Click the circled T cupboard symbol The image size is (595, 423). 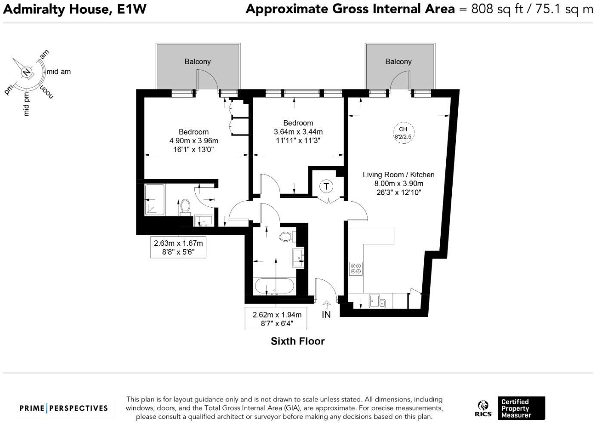(x=326, y=186)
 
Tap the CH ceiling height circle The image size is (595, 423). (x=403, y=133)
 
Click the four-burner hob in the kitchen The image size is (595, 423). (x=356, y=269)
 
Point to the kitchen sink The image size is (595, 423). (x=377, y=301)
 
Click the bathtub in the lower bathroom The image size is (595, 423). (x=274, y=286)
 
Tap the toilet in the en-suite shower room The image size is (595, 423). (x=185, y=205)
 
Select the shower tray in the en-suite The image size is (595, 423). (x=154, y=200)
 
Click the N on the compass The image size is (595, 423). (x=27, y=72)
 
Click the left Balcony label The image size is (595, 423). (x=197, y=61)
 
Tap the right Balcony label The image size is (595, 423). (x=398, y=61)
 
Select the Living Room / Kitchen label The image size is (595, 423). (x=399, y=175)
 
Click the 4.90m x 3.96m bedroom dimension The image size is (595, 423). (x=193, y=141)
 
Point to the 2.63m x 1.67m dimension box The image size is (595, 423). (x=178, y=247)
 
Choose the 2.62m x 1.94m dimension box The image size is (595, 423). (x=276, y=319)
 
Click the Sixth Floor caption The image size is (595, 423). (x=297, y=341)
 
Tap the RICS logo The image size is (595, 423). (x=483, y=408)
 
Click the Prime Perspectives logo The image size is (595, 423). (x=64, y=408)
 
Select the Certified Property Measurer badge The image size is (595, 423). (x=521, y=408)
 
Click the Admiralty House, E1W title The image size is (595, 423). (x=74, y=9)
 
